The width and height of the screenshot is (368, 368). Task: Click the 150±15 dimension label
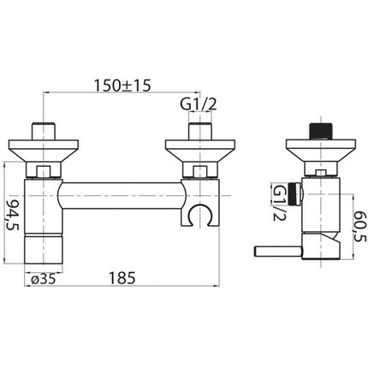pyautogui.click(x=122, y=86)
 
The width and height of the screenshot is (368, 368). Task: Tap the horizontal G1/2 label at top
pyautogui.click(x=199, y=105)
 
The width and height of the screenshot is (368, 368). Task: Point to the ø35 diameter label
pyautogui.click(x=43, y=279)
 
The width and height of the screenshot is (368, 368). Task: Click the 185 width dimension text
pyautogui.click(x=122, y=278)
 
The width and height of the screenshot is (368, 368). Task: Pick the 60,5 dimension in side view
pyautogui.click(x=360, y=227)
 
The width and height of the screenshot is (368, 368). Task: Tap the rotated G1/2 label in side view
pyautogui.click(x=280, y=203)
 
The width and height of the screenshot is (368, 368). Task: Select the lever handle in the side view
pyautogui.click(x=277, y=252)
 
